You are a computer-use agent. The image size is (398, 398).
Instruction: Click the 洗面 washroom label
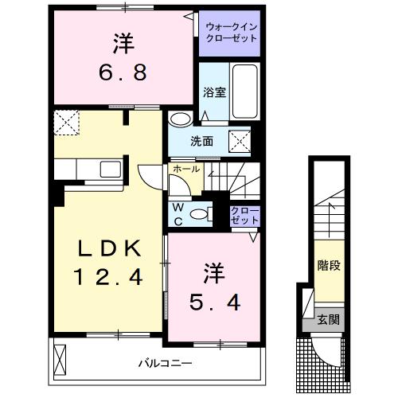point(201,142)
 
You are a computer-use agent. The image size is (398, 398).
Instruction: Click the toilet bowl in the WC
point(206,213)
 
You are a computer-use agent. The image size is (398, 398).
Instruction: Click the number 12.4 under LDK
point(110,278)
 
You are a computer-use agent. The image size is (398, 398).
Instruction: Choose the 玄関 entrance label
point(327,320)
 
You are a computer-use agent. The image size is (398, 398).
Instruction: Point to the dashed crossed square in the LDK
point(65,123)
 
